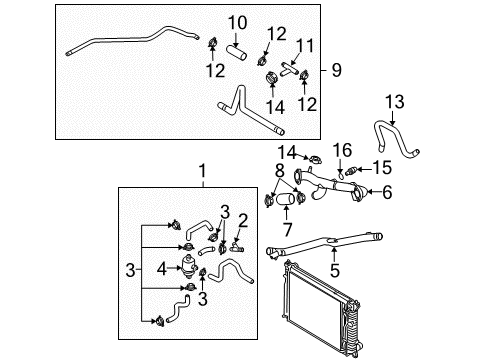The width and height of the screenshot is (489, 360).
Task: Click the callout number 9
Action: click(337, 70)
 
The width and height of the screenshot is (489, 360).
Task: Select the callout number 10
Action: click(237, 23)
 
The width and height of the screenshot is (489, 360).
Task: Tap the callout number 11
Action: click(305, 46)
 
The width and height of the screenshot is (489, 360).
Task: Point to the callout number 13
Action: click(395, 102)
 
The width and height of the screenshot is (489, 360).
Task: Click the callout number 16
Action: click(342, 150)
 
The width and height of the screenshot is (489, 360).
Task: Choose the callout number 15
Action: click(382, 167)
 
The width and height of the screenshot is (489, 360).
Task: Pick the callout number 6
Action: click(387, 192)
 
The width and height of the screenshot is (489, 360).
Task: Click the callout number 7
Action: click(287, 229)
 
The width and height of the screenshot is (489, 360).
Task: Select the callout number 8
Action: click(280, 170)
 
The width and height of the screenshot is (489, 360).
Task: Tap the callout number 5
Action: click(335, 270)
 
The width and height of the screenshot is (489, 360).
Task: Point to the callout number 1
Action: click(202, 171)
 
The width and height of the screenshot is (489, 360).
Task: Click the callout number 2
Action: click(243, 221)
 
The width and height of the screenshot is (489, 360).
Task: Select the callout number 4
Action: click(162, 269)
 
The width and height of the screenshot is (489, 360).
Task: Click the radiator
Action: click(322, 308)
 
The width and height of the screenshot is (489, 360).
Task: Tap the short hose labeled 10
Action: click(236, 53)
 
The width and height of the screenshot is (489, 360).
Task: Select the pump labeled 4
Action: click(188, 266)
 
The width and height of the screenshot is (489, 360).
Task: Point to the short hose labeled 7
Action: click(286, 199)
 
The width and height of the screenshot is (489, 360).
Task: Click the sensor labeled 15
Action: click(351, 172)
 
